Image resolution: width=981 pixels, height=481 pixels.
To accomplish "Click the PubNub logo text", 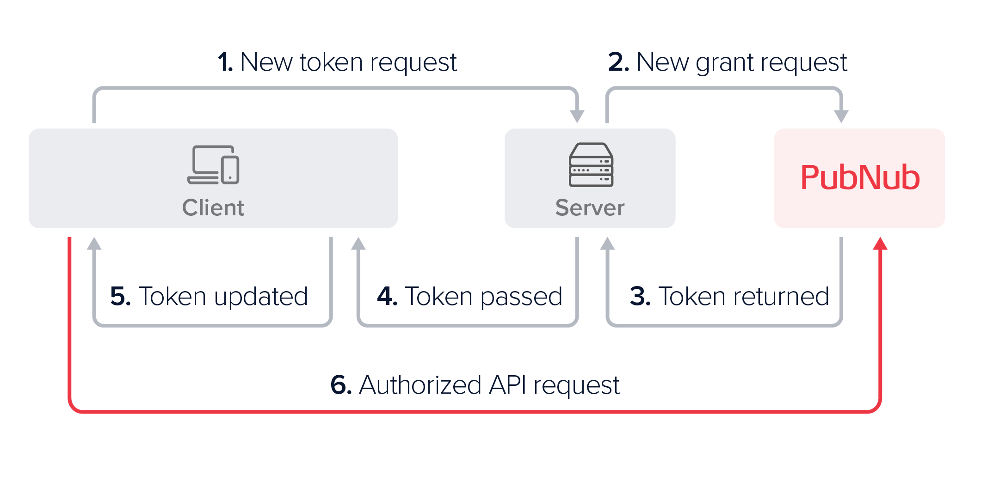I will coord(860,177).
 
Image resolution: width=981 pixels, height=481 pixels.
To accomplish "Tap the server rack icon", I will coord(591,165).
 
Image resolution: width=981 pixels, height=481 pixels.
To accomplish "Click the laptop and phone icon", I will coord(213,165).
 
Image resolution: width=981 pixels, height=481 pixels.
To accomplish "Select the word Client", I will coord(213,207).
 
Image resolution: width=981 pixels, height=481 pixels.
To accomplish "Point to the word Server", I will coord(590,207).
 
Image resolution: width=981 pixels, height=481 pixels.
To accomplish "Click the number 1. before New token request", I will coord(225,62).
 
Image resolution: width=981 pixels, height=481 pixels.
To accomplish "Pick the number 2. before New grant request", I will coord(618,62).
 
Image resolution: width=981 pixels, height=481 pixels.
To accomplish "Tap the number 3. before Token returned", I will coord(640,296).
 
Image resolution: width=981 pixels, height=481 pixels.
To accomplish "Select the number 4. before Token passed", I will coord(387,296).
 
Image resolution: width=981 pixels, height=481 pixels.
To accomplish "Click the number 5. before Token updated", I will coord(120,296).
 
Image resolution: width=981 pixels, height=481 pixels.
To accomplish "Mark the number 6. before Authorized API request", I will coord(341,385).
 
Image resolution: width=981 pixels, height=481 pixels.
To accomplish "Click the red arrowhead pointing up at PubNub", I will coord(880,244).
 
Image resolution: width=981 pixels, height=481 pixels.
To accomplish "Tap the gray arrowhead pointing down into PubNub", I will coord(841,116).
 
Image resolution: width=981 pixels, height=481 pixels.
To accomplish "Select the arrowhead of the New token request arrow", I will coord(577,116).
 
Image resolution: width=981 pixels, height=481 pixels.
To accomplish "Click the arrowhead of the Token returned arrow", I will coord(607,244).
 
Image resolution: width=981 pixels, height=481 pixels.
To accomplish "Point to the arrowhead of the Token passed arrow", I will coord(358,244).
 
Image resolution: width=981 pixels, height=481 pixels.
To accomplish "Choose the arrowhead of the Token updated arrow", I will coord(94,244).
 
